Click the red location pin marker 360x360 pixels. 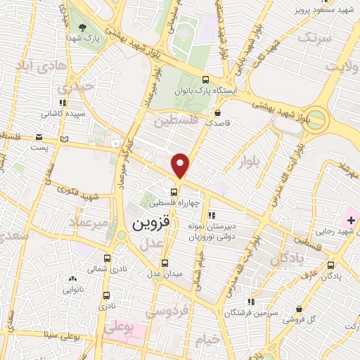pyautogui.click(x=181, y=165)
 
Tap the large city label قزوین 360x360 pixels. pyautogui.click(x=150, y=224)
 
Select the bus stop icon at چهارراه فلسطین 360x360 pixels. pyautogui.click(x=173, y=191)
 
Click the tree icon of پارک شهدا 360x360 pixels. pyautogui.click(x=84, y=28)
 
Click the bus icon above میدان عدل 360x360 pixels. pyautogui.click(x=165, y=263)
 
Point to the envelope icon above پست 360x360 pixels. pyautogui.click(x=40, y=136)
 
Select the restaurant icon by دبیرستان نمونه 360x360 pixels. pyautogui.click(x=211, y=216)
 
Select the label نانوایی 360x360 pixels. pyautogui.click(x=73, y=288)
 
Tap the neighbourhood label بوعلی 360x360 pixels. pyautogui.click(x=117, y=326)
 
